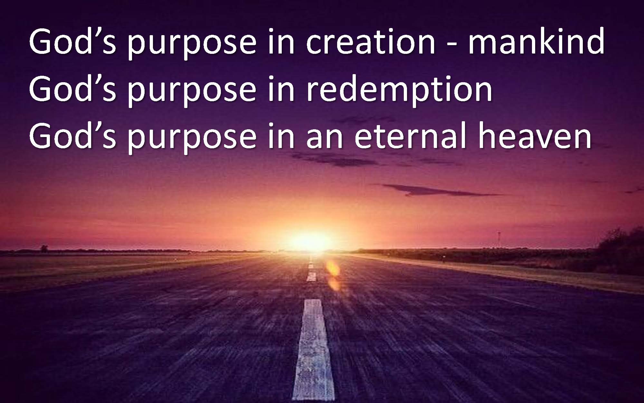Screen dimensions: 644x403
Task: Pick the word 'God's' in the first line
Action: point(72,41)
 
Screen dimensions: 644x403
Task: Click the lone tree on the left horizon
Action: point(44,248)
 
